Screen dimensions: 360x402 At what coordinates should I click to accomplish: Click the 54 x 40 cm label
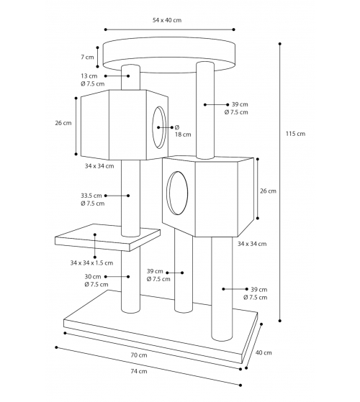(167, 20)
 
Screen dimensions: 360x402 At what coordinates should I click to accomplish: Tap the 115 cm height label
(295, 134)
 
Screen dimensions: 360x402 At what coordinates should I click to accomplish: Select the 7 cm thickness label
(88, 57)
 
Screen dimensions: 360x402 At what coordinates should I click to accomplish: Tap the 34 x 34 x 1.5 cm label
(91, 262)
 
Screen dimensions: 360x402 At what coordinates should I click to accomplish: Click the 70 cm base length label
(139, 355)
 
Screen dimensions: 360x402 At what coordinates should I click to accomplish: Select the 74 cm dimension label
(139, 371)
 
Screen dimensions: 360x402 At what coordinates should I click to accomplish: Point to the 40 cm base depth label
(264, 352)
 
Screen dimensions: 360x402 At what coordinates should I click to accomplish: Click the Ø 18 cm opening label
(183, 131)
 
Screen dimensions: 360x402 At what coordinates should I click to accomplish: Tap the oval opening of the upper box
(159, 127)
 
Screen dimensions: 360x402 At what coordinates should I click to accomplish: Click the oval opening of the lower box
(177, 193)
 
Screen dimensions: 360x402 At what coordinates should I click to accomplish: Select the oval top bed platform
(168, 55)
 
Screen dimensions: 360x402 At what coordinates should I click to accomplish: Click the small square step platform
(107, 237)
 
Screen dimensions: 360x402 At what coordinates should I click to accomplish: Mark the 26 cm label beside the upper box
(63, 123)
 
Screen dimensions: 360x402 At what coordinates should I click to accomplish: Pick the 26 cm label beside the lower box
(268, 191)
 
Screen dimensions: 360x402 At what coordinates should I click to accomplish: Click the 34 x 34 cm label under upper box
(99, 166)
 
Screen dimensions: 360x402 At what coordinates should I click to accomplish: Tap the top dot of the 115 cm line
(279, 44)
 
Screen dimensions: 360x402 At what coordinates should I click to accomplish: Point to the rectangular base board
(161, 327)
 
